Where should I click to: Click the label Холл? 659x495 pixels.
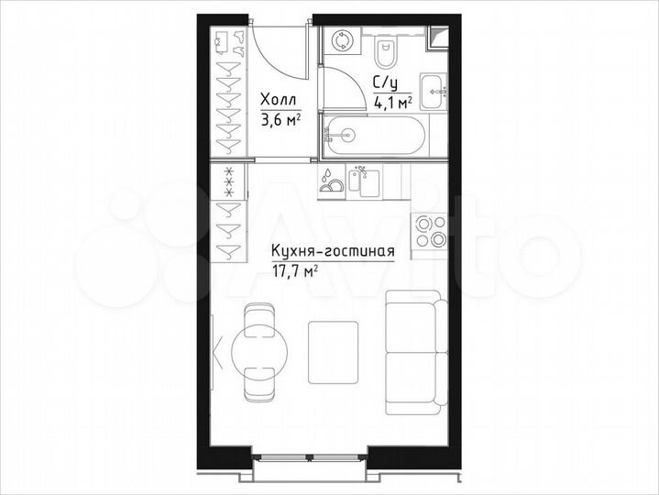click(x=278, y=98)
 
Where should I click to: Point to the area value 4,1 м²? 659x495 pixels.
click(x=392, y=101)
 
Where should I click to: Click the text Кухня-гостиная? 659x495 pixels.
click(x=333, y=252)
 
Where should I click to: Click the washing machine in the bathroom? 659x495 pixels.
click(x=343, y=41)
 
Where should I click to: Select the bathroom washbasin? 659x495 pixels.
click(x=439, y=91)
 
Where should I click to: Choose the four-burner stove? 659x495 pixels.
click(x=428, y=231)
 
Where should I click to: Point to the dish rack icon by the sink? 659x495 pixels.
click(x=331, y=182)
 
